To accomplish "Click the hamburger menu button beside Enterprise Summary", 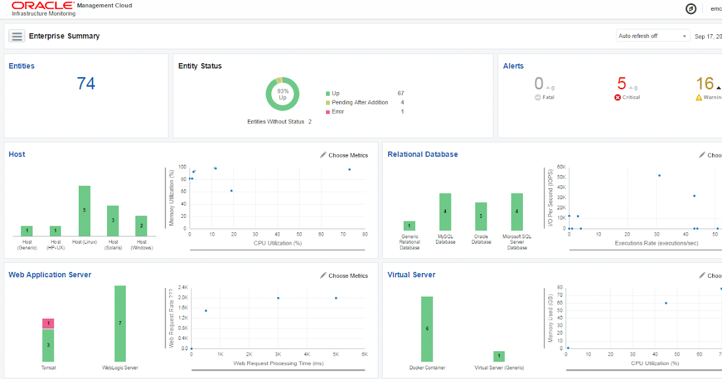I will [16, 36].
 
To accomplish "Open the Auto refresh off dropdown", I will [652, 36].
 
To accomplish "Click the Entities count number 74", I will [86, 84].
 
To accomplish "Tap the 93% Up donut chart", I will [282, 94].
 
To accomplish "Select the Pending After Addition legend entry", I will [360, 102].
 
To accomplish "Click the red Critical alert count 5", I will [622, 84].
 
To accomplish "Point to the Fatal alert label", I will [548, 97].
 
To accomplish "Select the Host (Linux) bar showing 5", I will [84, 211].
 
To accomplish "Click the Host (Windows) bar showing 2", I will [141, 226].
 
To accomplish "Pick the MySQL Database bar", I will [445, 212].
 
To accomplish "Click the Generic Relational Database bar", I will [409, 226].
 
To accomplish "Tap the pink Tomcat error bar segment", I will [48, 324].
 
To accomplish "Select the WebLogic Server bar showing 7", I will [120, 323].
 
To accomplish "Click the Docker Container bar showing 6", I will [427, 328].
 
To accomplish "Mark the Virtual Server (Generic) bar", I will [499, 356].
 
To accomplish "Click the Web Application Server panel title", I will [50, 275].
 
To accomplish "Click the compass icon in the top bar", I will [691, 8].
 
